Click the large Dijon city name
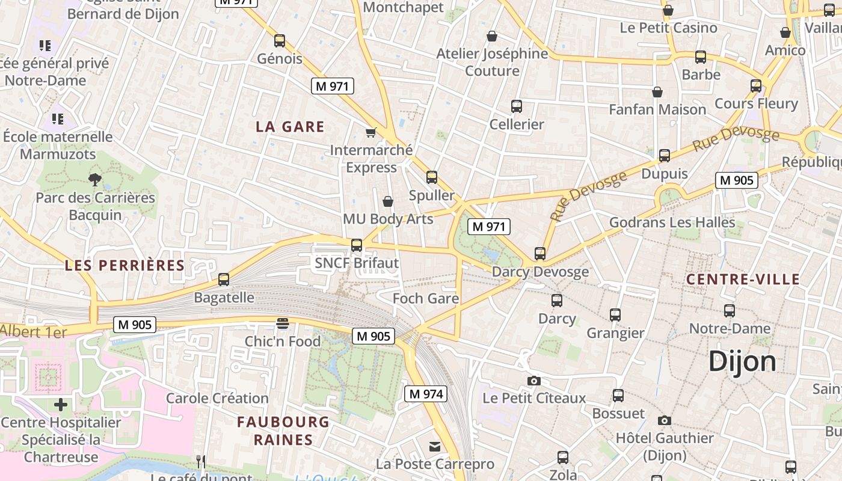[742, 361]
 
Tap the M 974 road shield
[426, 394]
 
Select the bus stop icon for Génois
[280, 41]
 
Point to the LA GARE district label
[290, 126]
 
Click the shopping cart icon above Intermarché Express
[371, 132]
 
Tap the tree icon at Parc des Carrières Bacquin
[94, 179]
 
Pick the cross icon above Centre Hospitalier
[61, 405]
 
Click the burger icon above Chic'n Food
[283, 323]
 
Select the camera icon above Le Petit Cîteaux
[533, 381]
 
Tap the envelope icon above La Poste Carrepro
[434, 447]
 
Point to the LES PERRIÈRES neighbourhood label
[124, 265]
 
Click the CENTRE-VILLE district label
[743, 279]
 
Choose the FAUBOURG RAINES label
[283, 430]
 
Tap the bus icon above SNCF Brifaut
[357, 245]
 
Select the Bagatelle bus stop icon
[224, 279]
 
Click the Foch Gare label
[426, 298]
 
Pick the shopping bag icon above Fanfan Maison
[657, 92]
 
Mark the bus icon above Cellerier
[516, 106]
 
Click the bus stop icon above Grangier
[615, 314]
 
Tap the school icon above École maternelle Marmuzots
[58, 119]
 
